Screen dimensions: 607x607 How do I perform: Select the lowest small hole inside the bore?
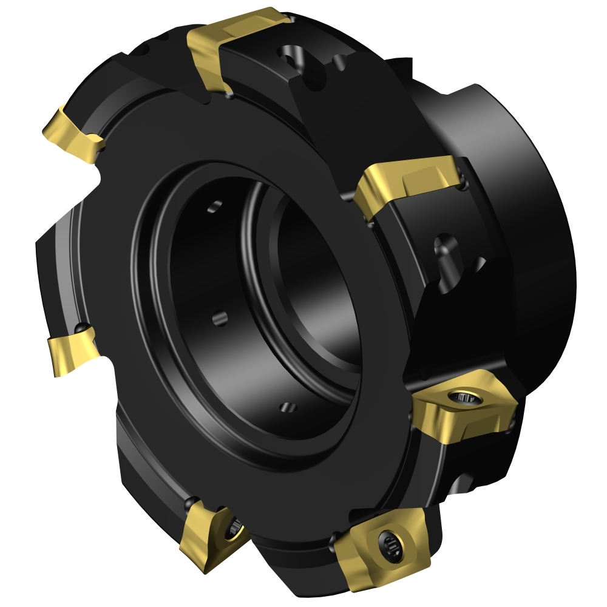pos(287,406)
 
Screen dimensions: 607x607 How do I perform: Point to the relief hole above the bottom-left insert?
pos(193,502)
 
